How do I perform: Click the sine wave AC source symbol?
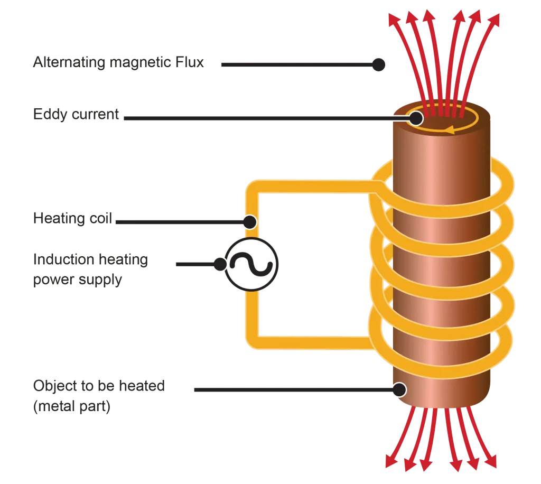click(x=250, y=264)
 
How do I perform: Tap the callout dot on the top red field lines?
click(x=378, y=64)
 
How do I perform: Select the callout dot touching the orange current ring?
click(x=415, y=118)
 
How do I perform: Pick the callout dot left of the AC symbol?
click(x=220, y=264)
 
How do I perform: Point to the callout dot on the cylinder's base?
click(x=399, y=390)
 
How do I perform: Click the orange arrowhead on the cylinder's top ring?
click(x=449, y=128)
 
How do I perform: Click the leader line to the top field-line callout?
click(x=296, y=64)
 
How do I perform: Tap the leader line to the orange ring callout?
click(x=264, y=118)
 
